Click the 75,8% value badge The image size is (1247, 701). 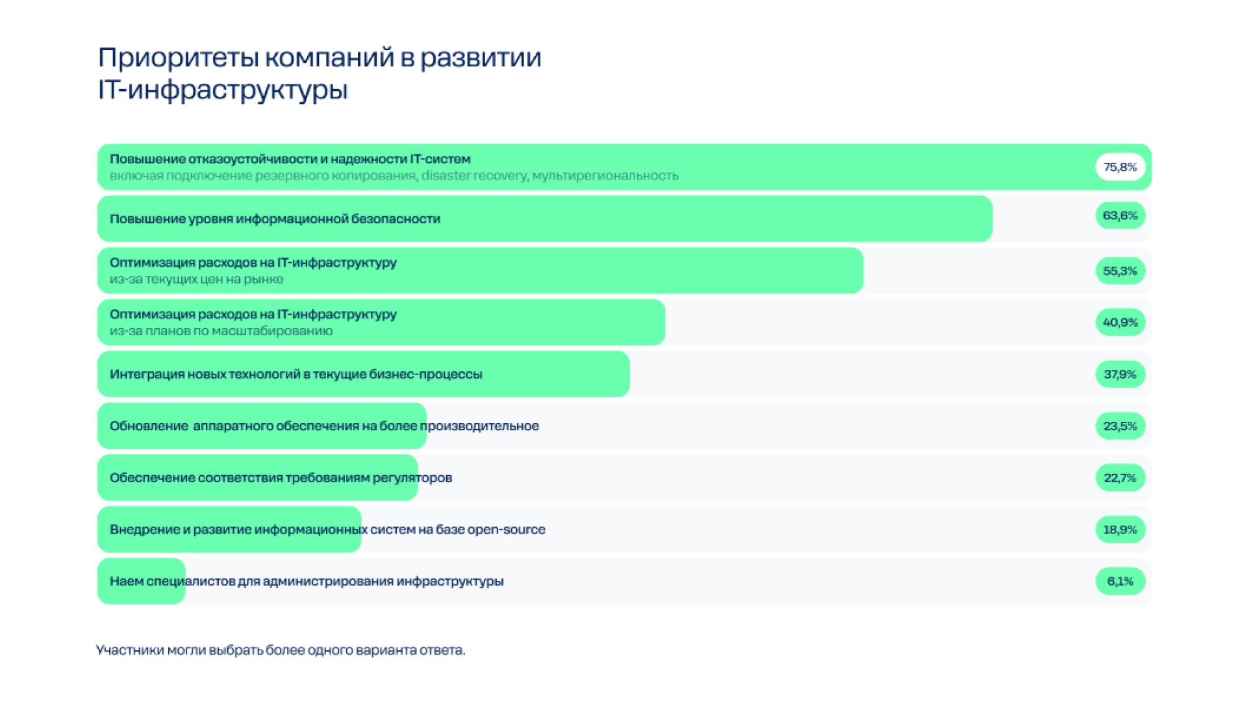coord(1120,167)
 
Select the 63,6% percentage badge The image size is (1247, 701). coord(1120,215)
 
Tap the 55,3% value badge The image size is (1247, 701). coord(1120,271)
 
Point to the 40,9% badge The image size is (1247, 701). coord(1120,322)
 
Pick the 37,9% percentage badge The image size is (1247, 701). coord(1120,374)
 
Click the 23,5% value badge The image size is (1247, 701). coord(1120,426)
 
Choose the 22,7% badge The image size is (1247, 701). coord(1120,478)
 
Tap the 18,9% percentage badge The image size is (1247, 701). coord(1120,530)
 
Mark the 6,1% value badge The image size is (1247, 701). coord(1120,581)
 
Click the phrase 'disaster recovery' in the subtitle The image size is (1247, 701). coord(474,175)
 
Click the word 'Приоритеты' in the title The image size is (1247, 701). coord(178,58)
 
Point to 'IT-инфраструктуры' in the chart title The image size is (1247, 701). coord(223,90)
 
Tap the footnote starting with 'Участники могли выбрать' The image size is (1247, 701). coord(281,650)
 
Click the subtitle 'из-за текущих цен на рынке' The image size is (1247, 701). coord(196,279)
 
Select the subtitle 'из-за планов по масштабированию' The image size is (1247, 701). coord(221,330)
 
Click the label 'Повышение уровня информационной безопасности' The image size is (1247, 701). coord(275,219)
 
